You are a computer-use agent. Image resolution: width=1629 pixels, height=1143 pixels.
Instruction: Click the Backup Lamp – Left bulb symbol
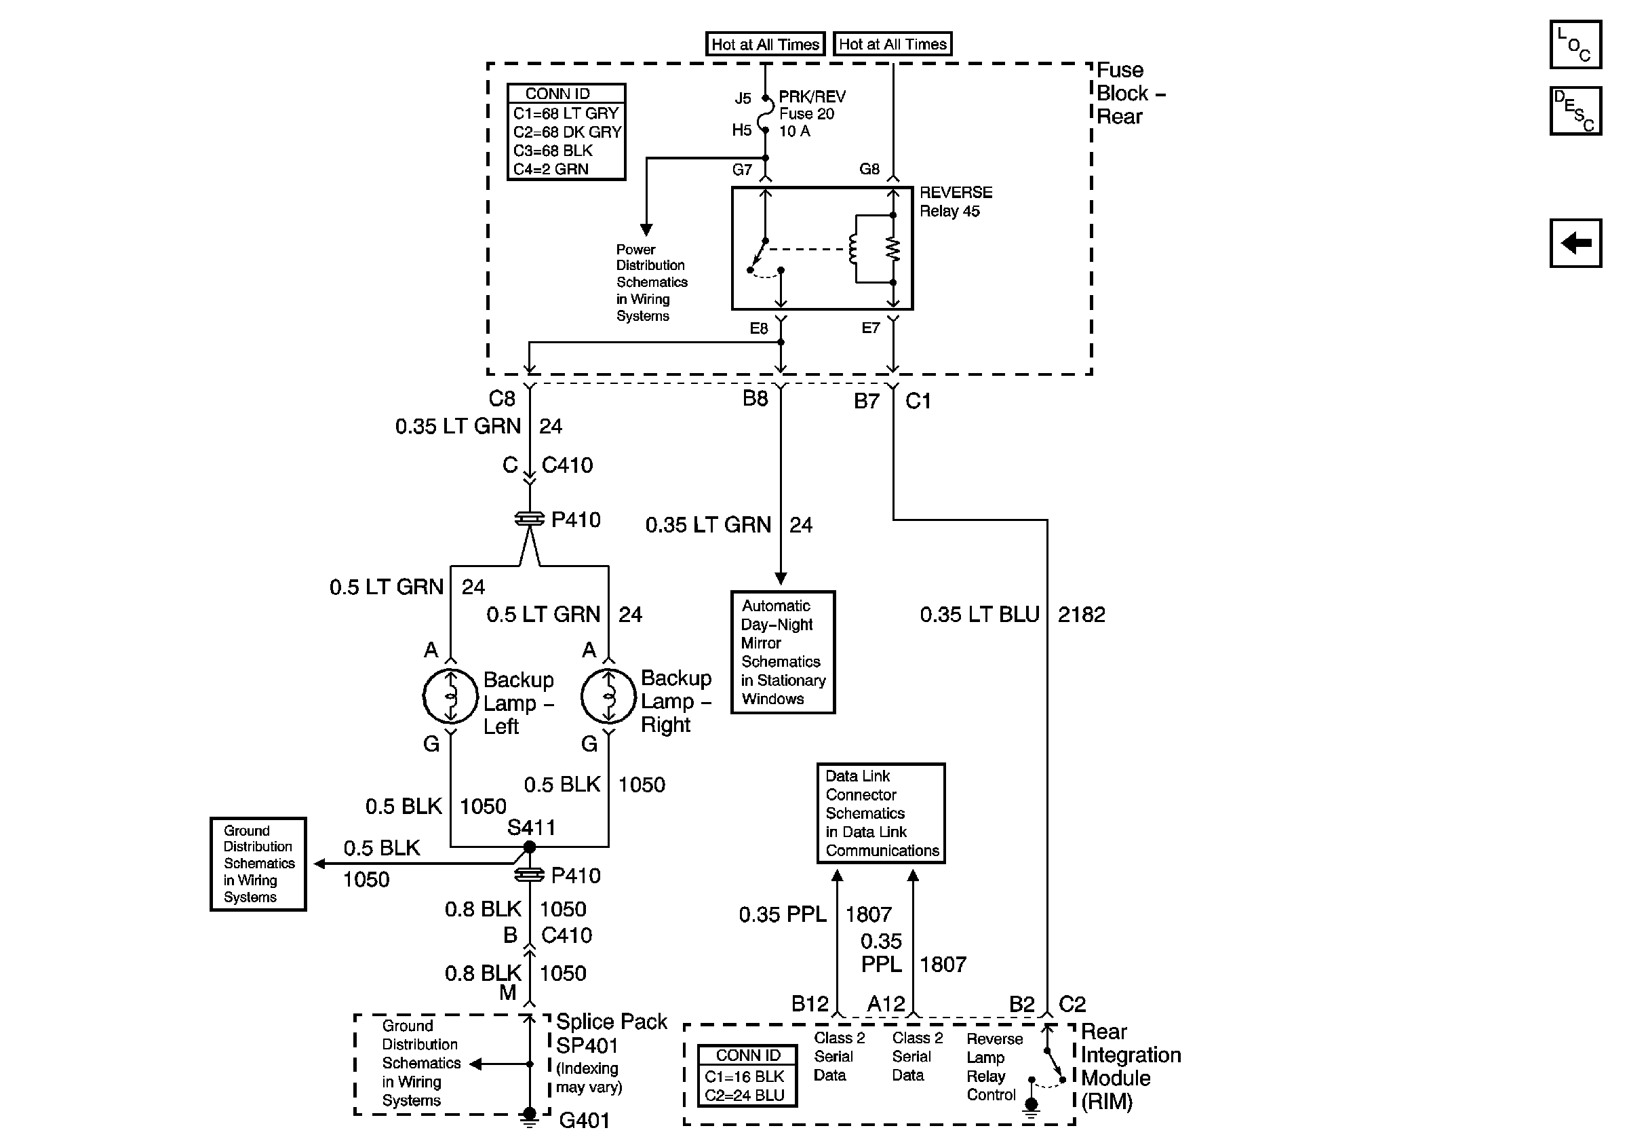pyautogui.click(x=450, y=696)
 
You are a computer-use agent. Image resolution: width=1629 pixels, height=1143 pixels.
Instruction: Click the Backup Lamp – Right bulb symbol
pyautogui.click(x=608, y=696)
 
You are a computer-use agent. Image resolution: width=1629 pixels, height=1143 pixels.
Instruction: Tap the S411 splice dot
pyautogui.click(x=529, y=847)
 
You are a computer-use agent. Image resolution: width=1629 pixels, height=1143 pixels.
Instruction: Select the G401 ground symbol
pyautogui.click(x=529, y=1117)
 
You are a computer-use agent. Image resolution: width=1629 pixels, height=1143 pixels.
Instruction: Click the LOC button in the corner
pyautogui.click(x=1575, y=44)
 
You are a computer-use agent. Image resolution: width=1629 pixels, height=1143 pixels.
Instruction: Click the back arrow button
pyautogui.click(x=1575, y=244)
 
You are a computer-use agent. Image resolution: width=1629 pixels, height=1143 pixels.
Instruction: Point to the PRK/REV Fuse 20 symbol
pyautogui.click(x=765, y=113)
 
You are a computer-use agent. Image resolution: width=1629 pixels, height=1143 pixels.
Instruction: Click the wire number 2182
pyautogui.click(x=1081, y=615)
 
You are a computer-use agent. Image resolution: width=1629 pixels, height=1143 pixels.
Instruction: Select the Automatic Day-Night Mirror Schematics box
pyautogui.click(x=783, y=652)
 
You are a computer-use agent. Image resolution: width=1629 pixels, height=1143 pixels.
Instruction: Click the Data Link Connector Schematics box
pyautogui.click(x=880, y=813)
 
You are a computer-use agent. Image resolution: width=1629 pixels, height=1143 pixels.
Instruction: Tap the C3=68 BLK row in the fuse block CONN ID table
pyautogui.click(x=553, y=151)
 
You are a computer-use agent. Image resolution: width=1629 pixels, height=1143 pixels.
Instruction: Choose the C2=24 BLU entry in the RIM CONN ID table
pyautogui.click(x=744, y=1096)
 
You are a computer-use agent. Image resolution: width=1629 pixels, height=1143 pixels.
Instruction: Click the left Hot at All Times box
pyautogui.click(x=765, y=44)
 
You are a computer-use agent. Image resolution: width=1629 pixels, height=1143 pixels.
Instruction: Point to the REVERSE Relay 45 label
pyautogui.click(x=956, y=201)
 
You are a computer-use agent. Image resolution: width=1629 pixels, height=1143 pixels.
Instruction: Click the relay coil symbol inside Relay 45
pyautogui.click(x=854, y=249)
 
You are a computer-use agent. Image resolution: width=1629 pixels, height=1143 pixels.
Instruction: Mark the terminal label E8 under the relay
pyautogui.click(x=758, y=328)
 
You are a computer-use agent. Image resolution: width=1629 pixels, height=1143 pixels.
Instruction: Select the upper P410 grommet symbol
pyautogui.click(x=529, y=520)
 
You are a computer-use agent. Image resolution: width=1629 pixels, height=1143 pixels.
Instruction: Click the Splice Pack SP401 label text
pyautogui.click(x=612, y=1033)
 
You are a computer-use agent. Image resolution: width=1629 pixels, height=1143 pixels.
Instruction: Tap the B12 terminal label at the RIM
pyautogui.click(x=810, y=1004)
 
